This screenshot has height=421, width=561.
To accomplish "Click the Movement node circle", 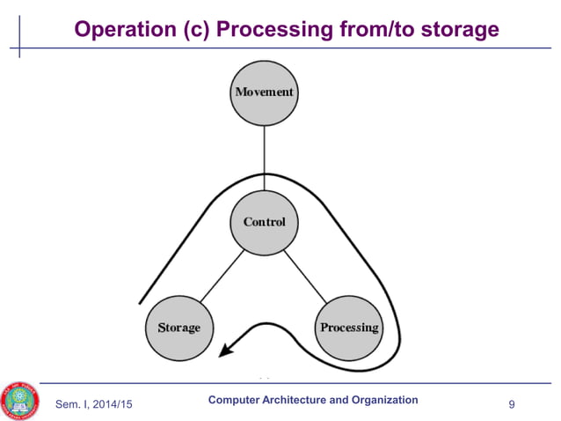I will point(264,92).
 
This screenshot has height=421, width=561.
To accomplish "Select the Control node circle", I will point(264,221).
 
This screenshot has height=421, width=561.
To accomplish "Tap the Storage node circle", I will point(178,327).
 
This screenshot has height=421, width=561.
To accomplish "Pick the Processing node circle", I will point(349,327).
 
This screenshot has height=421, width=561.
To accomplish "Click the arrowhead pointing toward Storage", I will point(227,351).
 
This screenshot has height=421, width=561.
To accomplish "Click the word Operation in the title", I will point(123,30).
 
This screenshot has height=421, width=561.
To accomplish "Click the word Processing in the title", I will point(276,30).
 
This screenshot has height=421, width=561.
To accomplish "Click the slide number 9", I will point(512,403).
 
